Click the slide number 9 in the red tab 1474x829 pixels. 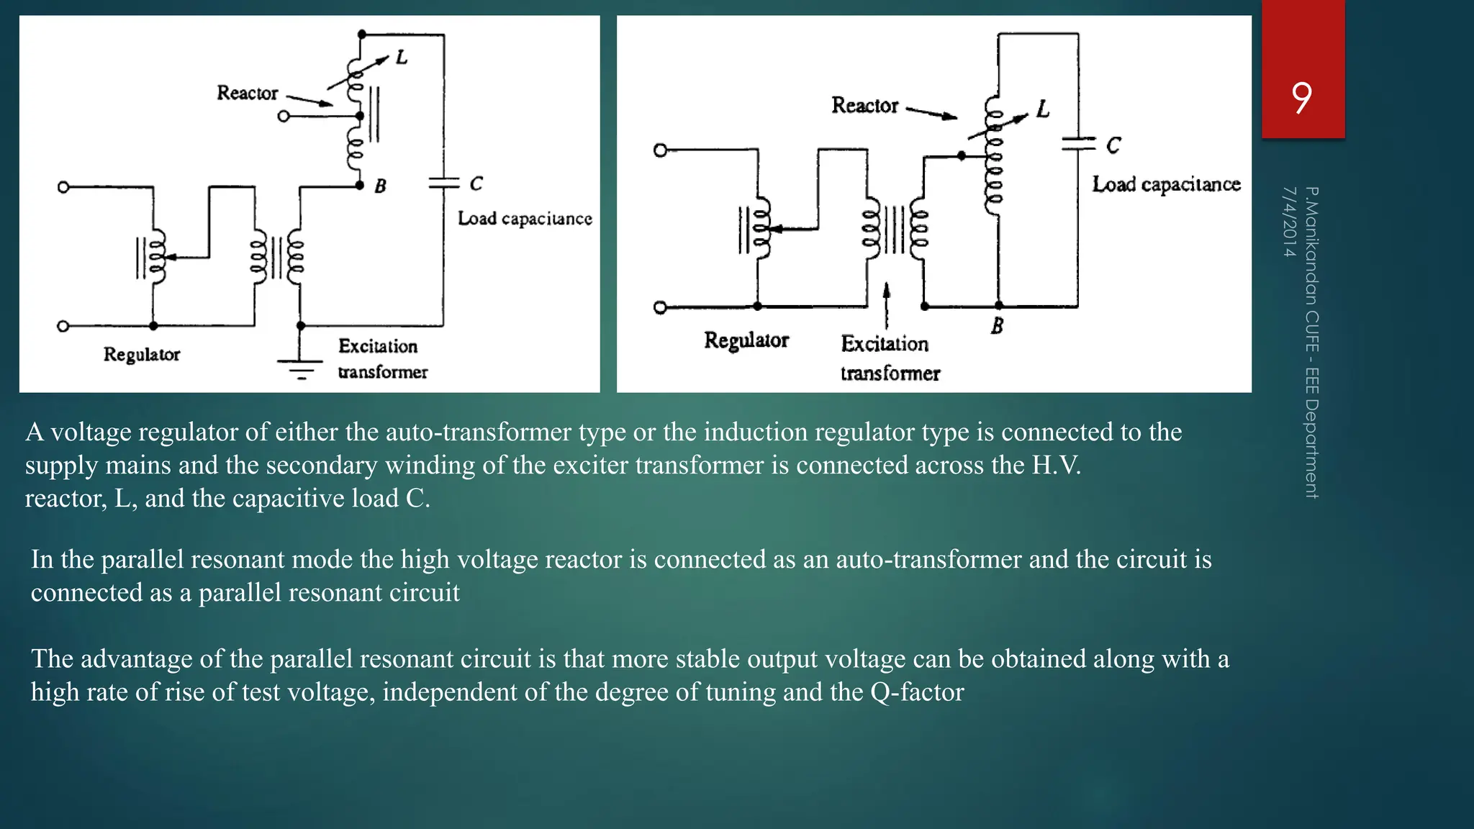1301,98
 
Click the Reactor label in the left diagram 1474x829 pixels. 247,93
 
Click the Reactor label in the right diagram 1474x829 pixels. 864,105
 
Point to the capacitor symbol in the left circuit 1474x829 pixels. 443,183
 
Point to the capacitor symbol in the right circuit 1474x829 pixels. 1077,144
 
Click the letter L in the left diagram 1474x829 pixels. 402,57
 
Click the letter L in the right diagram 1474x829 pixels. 1043,109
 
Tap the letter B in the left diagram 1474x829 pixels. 380,186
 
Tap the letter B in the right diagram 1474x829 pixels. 997,326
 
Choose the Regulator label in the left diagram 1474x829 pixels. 141,354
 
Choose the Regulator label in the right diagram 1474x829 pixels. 746,340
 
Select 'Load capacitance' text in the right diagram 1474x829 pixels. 1166,184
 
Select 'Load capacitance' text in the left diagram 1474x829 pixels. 525,218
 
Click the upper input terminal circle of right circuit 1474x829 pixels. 660,150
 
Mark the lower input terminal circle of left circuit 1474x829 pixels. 63,326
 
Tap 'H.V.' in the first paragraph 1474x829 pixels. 1056,465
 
